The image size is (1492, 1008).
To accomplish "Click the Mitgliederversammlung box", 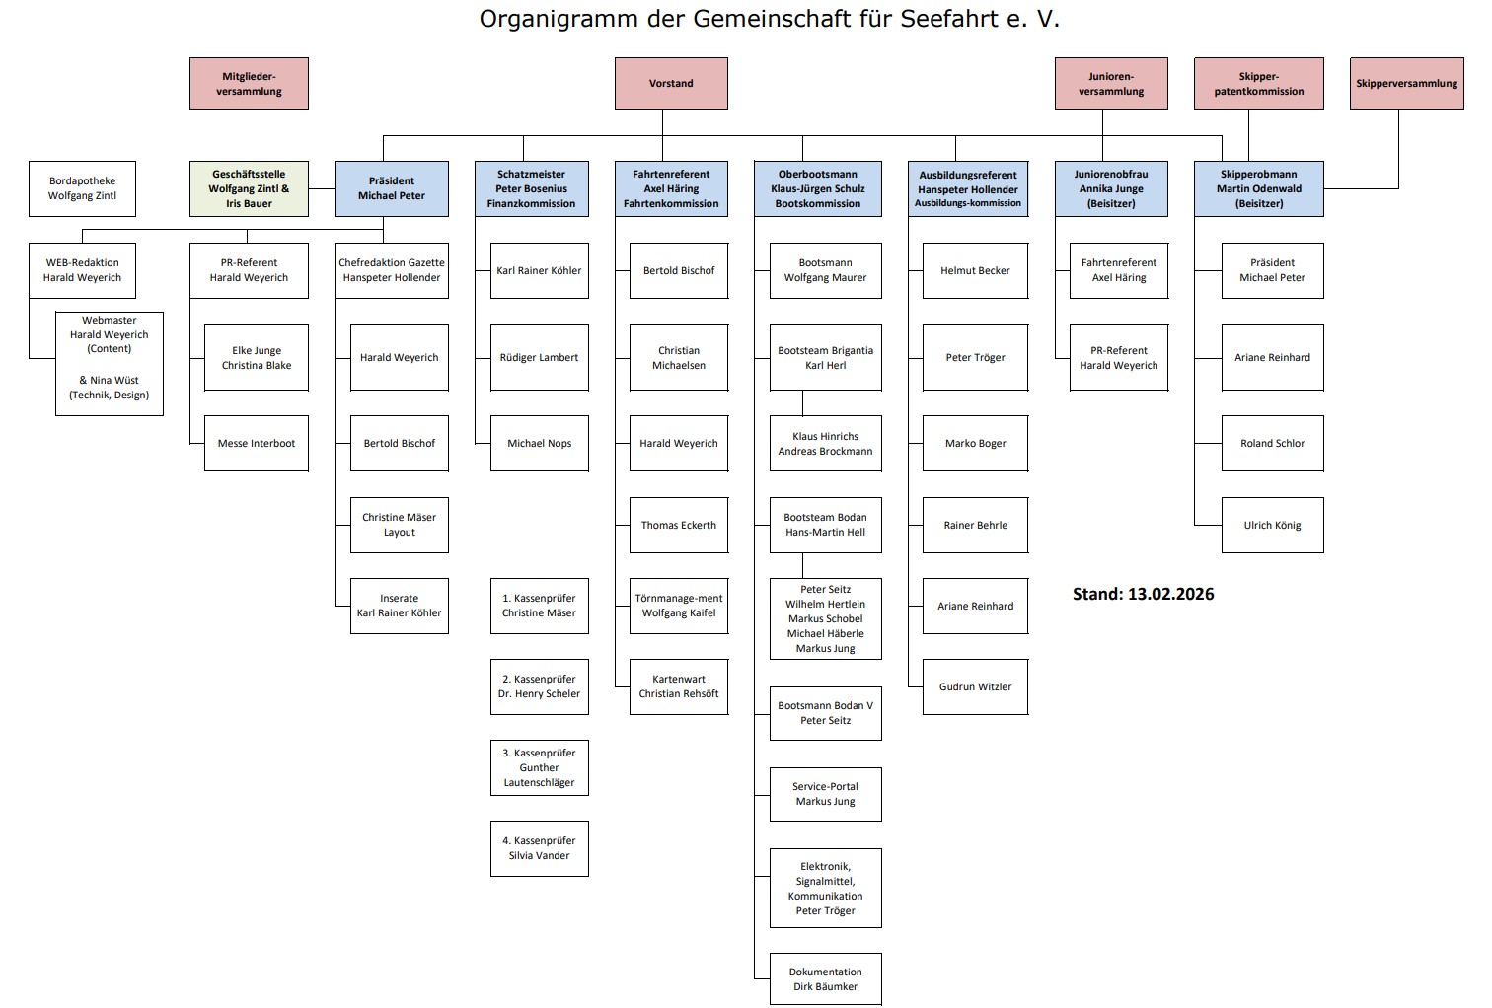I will pyautogui.click(x=249, y=84).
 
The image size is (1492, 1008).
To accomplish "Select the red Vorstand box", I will pyautogui.click(x=671, y=84).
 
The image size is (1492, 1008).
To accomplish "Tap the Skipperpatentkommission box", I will pyautogui.click(x=1258, y=84).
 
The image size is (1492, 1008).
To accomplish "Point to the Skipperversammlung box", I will pyautogui.click(x=1406, y=84).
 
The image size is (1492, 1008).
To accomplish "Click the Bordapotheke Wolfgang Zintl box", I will pyautogui.click(x=82, y=188).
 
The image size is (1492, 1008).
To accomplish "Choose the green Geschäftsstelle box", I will pyautogui.click(x=249, y=188).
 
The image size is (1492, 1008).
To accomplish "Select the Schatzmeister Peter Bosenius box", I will pyautogui.click(x=531, y=188).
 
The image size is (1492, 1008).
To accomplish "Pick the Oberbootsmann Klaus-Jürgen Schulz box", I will pyautogui.click(x=818, y=188).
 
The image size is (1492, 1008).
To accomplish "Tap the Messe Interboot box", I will pyautogui.click(x=257, y=443).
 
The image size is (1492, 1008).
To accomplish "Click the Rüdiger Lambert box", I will pyautogui.click(x=539, y=357).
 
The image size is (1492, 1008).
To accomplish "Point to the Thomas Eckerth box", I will pyautogui.click(x=679, y=525).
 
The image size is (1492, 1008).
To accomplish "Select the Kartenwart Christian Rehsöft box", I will pyautogui.click(x=679, y=686).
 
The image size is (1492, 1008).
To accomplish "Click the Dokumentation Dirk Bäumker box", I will pyautogui.click(x=825, y=978).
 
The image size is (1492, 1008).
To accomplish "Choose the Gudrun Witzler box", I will pyautogui.click(x=975, y=686).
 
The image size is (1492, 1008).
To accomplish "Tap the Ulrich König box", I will pyautogui.click(x=1272, y=525).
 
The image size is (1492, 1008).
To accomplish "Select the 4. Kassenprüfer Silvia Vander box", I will pyautogui.click(x=539, y=848).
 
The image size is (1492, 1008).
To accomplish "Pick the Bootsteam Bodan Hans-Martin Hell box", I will pyautogui.click(x=825, y=525).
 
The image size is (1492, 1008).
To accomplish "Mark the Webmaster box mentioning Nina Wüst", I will pyautogui.click(x=109, y=364).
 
